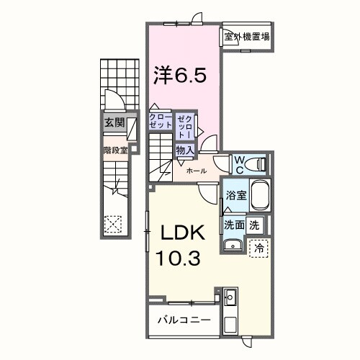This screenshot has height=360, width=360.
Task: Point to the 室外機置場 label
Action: [x=246, y=37]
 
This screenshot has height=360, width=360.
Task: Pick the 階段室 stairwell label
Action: [x=114, y=150]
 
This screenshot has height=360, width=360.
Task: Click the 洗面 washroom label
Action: [x=233, y=225]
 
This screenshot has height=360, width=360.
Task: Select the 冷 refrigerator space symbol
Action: [x=258, y=247]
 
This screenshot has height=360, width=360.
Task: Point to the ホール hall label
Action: [x=197, y=171]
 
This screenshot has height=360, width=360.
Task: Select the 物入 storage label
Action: [x=184, y=150]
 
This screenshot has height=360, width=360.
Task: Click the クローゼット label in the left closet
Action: [x=161, y=120]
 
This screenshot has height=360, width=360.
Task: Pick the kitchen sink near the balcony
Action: [x=230, y=297]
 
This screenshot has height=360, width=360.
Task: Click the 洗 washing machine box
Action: [x=254, y=225]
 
